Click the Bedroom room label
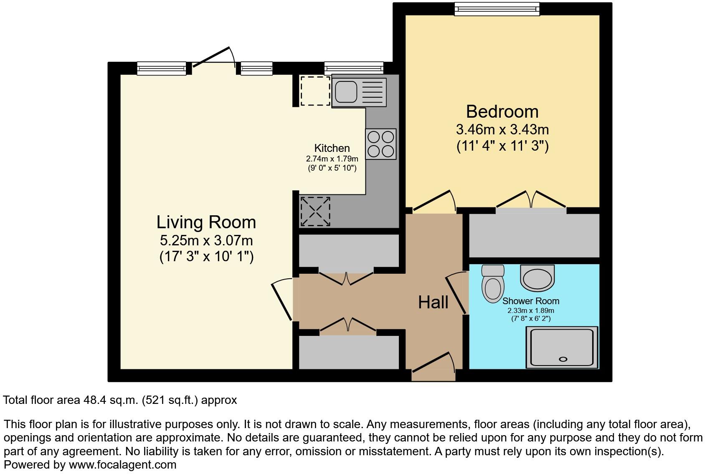pyautogui.click(x=502, y=112)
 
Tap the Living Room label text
pyautogui.click(x=206, y=222)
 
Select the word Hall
pyautogui.click(x=433, y=302)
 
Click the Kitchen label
pyautogui.click(x=332, y=148)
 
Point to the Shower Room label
pyautogui.click(x=530, y=301)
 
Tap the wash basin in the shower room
pyautogui.click(x=537, y=278)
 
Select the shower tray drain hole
pyautogui.click(x=563, y=359)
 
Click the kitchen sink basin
pyautogui.click(x=346, y=91)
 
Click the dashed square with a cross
pyautogui.click(x=315, y=212)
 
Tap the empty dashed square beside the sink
pyautogui.click(x=315, y=91)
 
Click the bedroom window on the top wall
pyautogui.click(x=497, y=9)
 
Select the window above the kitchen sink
pyautogui.click(x=353, y=68)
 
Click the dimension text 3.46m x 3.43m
pyautogui.click(x=502, y=129)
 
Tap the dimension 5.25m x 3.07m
pyautogui.click(x=206, y=240)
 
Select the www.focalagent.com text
pyautogui.click(x=122, y=464)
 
